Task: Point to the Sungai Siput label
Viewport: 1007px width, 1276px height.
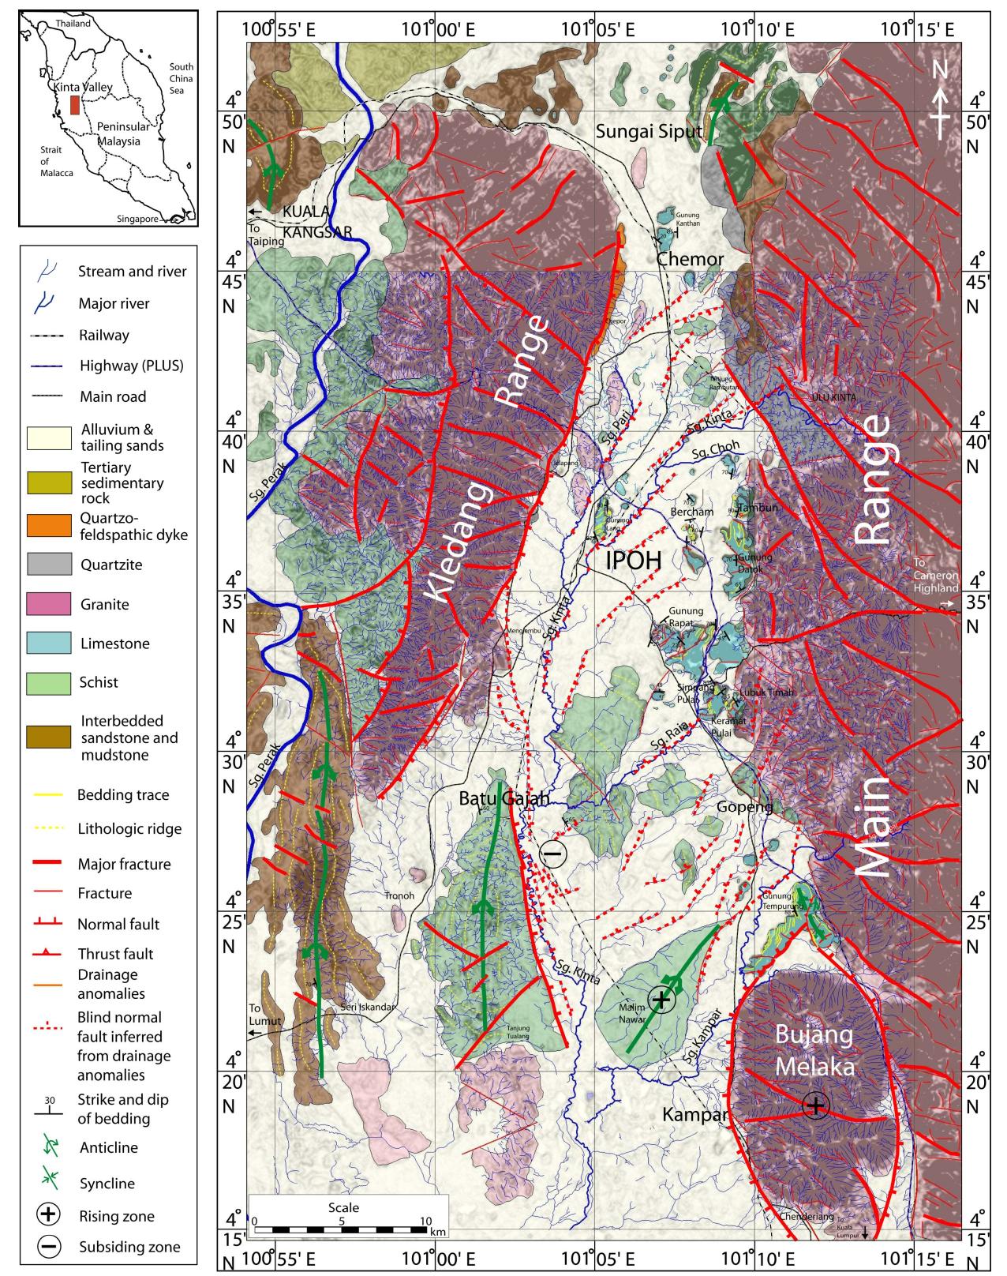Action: coord(648,131)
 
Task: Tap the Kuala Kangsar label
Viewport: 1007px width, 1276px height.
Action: coord(316,222)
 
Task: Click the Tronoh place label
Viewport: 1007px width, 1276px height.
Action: coord(398,895)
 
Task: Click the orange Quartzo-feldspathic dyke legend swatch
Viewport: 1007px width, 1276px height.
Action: coord(49,524)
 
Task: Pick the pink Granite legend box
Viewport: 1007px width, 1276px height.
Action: coord(49,604)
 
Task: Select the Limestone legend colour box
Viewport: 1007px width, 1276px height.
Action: coord(49,643)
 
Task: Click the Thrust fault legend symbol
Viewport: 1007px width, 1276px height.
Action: coord(49,954)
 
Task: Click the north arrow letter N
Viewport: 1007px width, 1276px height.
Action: coord(938,70)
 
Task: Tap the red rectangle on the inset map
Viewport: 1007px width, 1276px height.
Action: coord(74,105)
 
